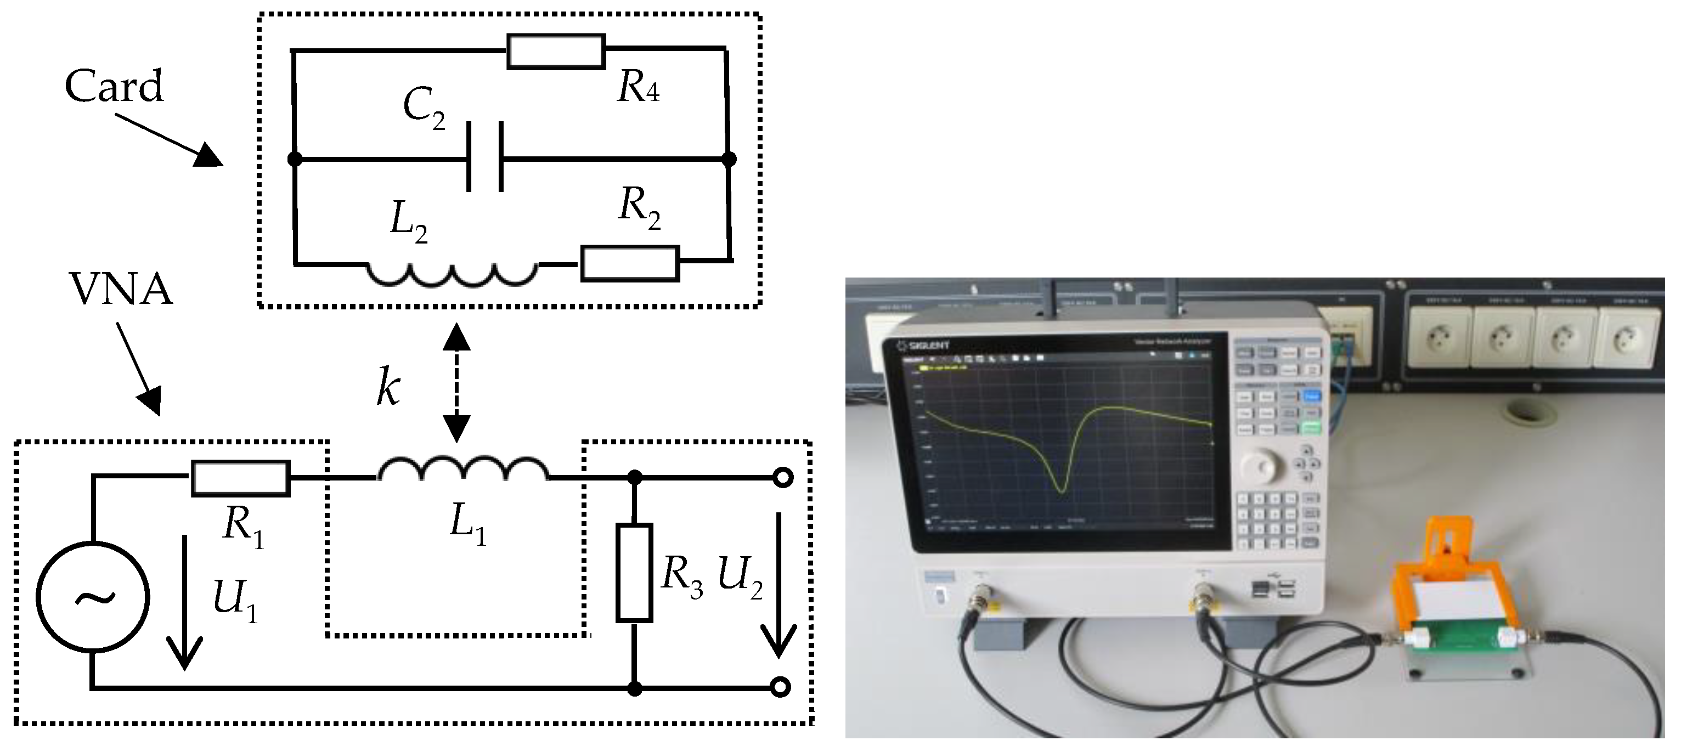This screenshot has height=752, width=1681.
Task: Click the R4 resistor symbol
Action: click(555, 52)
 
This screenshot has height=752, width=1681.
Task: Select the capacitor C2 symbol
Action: click(485, 157)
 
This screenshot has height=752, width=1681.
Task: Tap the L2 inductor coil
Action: click(452, 274)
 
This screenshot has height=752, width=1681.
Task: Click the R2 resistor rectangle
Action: click(630, 263)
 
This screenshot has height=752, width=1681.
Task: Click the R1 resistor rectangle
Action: click(240, 478)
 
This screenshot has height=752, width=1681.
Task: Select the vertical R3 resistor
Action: click(634, 572)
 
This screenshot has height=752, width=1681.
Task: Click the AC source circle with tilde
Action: click(93, 596)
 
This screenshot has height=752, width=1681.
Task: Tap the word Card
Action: click(114, 86)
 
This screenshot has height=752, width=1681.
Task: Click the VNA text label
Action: click(120, 290)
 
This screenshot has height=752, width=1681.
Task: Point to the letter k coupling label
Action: click(388, 389)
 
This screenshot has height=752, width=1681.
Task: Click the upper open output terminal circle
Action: click(782, 478)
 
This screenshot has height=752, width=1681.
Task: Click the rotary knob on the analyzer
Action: click(1261, 467)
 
